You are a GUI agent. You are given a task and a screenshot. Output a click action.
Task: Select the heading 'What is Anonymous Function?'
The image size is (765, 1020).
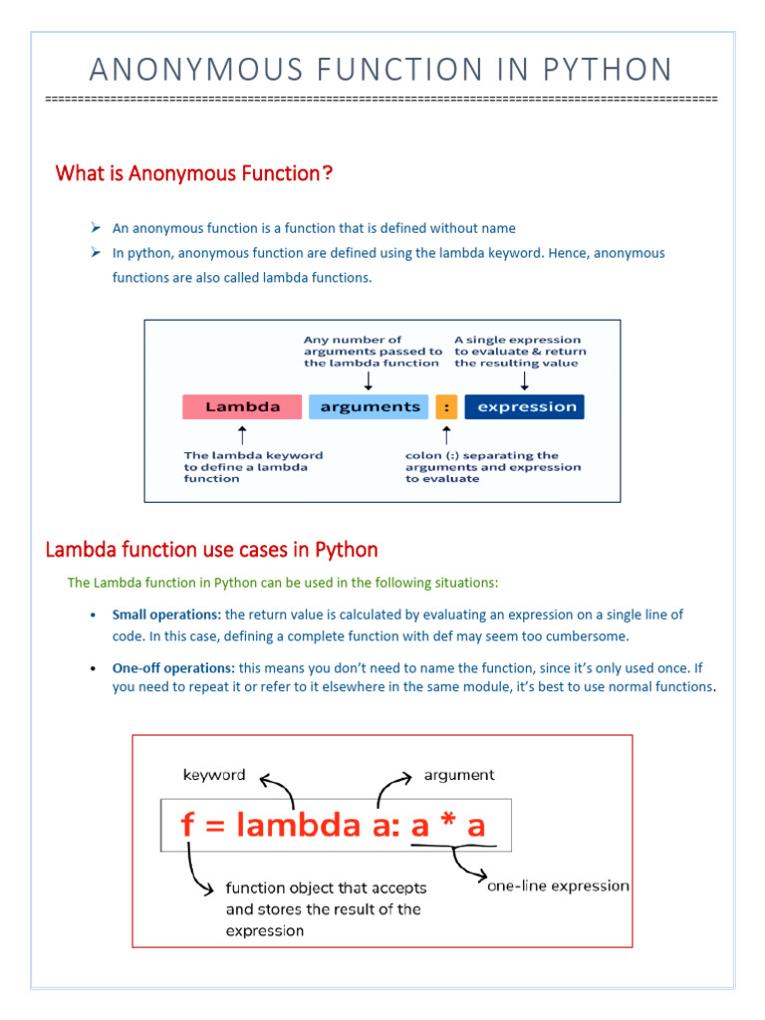click(x=194, y=173)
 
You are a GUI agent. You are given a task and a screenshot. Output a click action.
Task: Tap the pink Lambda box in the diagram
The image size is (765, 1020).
click(x=242, y=406)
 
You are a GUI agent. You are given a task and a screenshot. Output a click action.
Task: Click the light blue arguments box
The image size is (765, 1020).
click(x=370, y=406)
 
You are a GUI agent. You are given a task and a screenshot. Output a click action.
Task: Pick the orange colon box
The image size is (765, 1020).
click(x=446, y=406)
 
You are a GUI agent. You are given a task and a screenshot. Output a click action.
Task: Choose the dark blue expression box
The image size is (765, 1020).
click(x=525, y=406)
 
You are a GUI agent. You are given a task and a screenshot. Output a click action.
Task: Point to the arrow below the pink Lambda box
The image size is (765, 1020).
click(x=242, y=435)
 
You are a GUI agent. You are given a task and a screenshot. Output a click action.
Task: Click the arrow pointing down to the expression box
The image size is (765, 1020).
click(x=525, y=381)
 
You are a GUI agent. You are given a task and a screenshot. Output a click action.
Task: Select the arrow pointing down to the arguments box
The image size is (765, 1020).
click(x=370, y=381)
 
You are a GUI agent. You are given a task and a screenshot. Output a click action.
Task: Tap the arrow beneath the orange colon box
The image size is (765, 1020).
click(x=446, y=435)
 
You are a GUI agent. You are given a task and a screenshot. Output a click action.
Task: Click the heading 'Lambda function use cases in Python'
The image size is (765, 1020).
click(x=212, y=550)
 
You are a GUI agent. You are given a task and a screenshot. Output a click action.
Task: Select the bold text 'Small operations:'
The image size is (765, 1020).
click(x=167, y=615)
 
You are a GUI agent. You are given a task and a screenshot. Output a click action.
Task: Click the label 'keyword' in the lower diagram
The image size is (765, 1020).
click(x=214, y=775)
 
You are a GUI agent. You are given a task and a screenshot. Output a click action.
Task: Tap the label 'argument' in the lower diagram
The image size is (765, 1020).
click(x=459, y=775)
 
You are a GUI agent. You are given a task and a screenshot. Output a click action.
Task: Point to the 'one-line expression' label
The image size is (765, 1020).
click(x=558, y=886)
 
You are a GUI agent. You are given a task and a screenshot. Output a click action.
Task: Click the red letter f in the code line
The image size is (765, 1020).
click(x=188, y=826)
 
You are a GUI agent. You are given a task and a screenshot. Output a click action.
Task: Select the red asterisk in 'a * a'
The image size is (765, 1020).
click(x=447, y=826)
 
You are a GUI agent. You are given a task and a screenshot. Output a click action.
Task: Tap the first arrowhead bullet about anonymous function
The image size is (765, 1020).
click(x=97, y=228)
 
